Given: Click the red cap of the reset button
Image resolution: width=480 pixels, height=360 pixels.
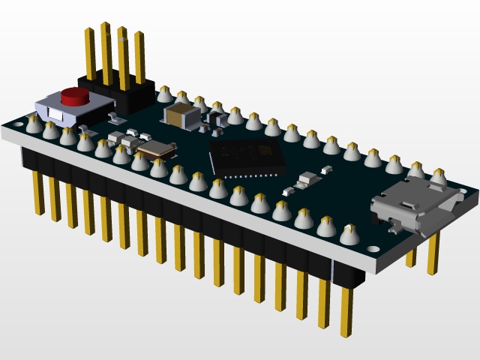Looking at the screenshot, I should pos(75,96).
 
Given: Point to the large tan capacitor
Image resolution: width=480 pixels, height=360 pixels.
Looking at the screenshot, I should pos(182,115).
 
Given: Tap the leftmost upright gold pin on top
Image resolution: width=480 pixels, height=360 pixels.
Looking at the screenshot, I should pos(89,52).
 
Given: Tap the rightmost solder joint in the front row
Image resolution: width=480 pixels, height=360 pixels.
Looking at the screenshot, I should pos(349,234).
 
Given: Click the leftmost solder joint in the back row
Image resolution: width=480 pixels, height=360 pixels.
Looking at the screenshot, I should pos(163,94).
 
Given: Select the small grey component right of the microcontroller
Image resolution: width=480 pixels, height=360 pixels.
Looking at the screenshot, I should pos(307,180).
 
